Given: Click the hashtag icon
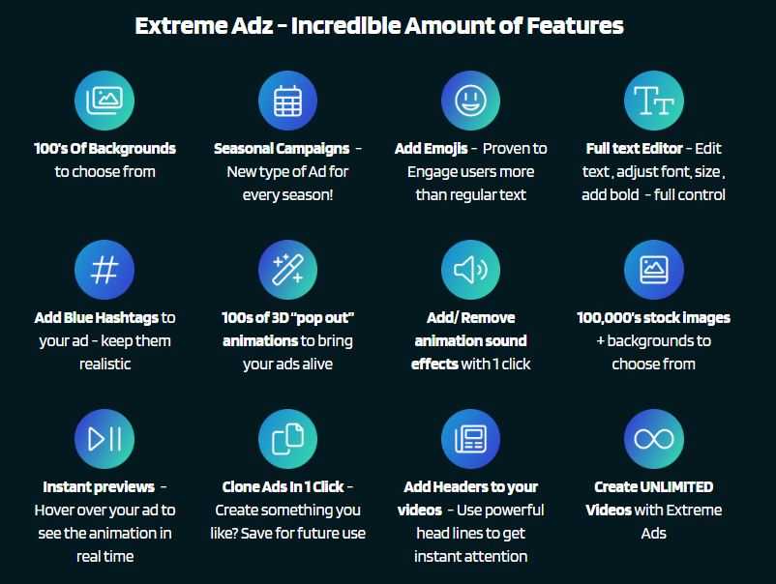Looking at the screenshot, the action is pyautogui.click(x=104, y=270).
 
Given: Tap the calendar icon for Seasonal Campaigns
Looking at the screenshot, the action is pyautogui.click(x=287, y=101).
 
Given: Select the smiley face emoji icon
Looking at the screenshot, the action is pyautogui.click(x=470, y=101).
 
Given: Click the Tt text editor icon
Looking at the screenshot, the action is pyautogui.click(x=654, y=101).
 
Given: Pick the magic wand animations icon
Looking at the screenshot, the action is pyautogui.click(x=287, y=270).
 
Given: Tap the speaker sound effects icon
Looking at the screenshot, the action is pyautogui.click(x=470, y=270).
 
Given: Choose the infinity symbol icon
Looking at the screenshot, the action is pyautogui.click(x=654, y=439).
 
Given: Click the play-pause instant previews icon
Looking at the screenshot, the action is pyautogui.click(x=104, y=439).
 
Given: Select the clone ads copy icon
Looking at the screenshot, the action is pyautogui.click(x=287, y=439).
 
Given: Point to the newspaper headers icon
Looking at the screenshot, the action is pyautogui.click(x=470, y=439).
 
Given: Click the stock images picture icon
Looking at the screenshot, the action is pyautogui.click(x=654, y=270).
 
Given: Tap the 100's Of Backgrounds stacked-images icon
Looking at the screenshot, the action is pyautogui.click(x=104, y=101).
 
